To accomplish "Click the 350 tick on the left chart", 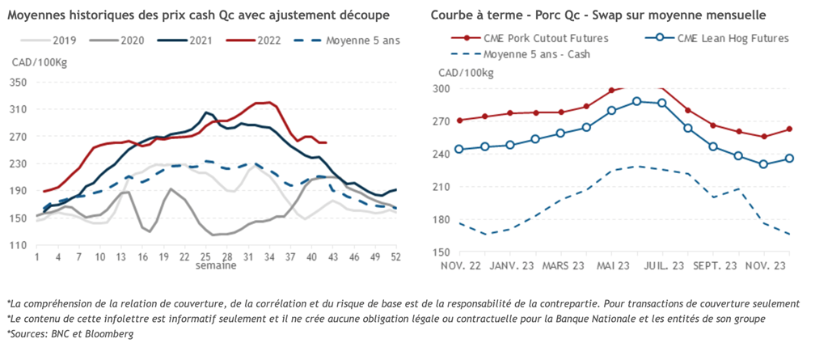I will (x=18, y=82).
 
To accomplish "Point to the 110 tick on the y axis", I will (x=18, y=244).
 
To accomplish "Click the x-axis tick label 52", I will (x=396, y=256).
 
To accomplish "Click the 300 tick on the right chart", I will (x=442, y=88).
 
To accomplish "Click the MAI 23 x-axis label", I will (x=614, y=265).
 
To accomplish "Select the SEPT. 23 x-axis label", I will (x=713, y=265).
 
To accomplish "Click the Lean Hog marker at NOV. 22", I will (x=459, y=149).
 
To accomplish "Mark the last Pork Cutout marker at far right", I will (x=789, y=129).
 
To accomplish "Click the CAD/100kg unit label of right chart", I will (x=466, y=74).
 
